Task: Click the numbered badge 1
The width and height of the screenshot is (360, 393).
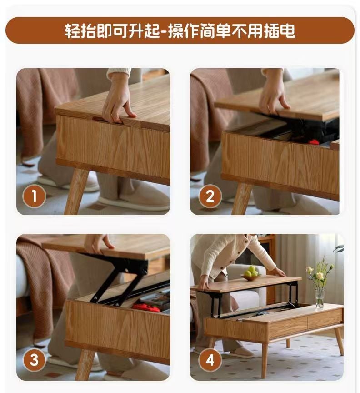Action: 35,196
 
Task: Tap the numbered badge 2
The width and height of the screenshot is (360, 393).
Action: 210,196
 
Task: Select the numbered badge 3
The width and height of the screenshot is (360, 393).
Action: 35,360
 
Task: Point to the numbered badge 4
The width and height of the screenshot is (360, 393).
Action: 210,360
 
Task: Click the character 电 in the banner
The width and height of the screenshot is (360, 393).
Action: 287,30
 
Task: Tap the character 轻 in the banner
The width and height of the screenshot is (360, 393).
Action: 73,30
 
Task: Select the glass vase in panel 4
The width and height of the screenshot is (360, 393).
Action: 320,298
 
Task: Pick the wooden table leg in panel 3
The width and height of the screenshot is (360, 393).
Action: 85,364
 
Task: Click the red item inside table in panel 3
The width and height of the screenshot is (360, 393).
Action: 146,307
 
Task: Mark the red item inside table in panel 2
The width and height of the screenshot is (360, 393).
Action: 314,142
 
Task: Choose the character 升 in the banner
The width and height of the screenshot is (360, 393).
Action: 137,30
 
